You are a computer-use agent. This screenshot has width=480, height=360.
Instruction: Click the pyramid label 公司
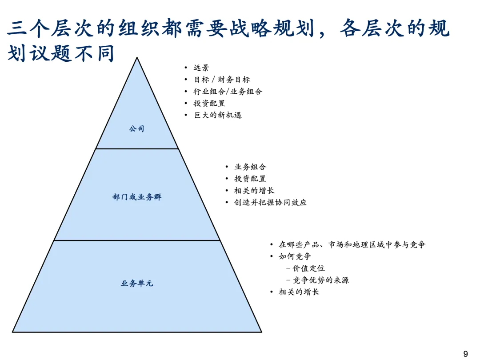click(x=137, y=129)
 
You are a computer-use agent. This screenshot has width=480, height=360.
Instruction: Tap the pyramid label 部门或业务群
click(x=137, y=197)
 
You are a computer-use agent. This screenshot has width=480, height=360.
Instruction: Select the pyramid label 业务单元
click(x=137, y=283)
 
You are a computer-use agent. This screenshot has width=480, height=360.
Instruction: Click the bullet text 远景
click(x=201, y=68)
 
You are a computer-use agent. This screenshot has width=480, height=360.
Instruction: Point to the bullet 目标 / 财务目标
click(x=222, y=80)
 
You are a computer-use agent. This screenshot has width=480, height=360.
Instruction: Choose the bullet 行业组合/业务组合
click(x=228, y=92)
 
